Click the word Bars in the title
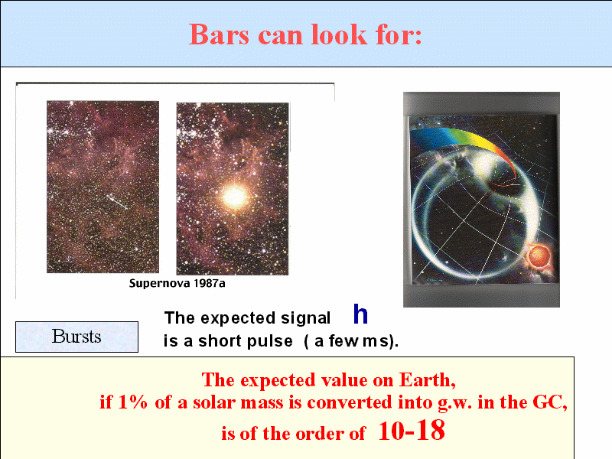pos(219,34)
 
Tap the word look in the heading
pos(339,34)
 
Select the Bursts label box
pos(77,337)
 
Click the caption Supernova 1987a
pos(177,283)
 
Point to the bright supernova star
pos(235,197)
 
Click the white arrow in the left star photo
pos(117,202)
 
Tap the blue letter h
pos(360,314)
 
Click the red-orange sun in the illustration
pos(539,256)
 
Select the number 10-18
pos(412,430)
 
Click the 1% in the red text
pos(132,402)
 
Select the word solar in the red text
pos(214,402)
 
